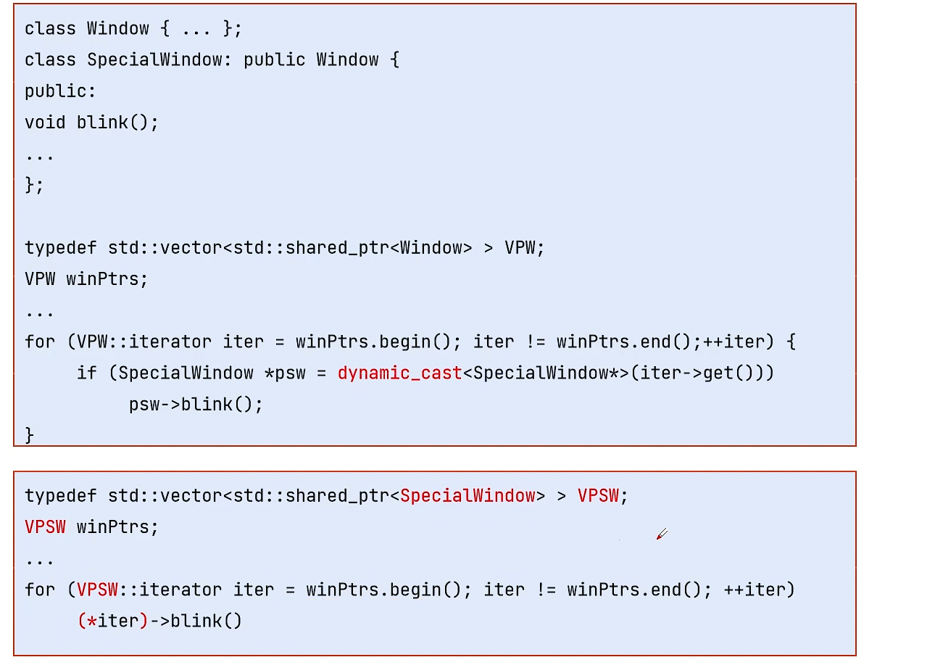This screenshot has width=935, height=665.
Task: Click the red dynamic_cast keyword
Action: (x=399, y=373)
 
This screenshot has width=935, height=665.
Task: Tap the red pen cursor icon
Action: (x=662, y=534)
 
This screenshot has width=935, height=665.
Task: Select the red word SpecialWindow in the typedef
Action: (x=467, y=496)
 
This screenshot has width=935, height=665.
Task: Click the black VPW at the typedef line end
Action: (x=520, y=248)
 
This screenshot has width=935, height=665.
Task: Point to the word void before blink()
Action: (x=45, y=123)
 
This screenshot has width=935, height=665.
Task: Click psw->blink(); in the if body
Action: (x=196, y=405)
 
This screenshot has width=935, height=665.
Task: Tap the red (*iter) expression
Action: (x=112, y=621)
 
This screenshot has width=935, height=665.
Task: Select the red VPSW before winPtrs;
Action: (x=45, y=526)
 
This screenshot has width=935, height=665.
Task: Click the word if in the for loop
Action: (x=87, y=373)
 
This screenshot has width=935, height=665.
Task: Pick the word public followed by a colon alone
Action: (x=60, y=91)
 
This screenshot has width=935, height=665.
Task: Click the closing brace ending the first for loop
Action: (x=29, y=435)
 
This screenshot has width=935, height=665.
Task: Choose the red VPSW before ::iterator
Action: (x=97, y=590)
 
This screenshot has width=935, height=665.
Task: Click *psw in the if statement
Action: (x=285, y=373)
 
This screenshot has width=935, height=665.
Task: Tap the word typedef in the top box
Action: (x=61, y=248)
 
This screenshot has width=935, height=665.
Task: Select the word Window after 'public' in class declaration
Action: (x=347, y=59)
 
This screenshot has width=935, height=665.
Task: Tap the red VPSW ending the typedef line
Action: (x=598, y=496)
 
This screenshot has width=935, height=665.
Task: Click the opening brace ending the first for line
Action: (x=791, y=342)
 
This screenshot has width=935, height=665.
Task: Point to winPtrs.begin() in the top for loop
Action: (x=373, y=342)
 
